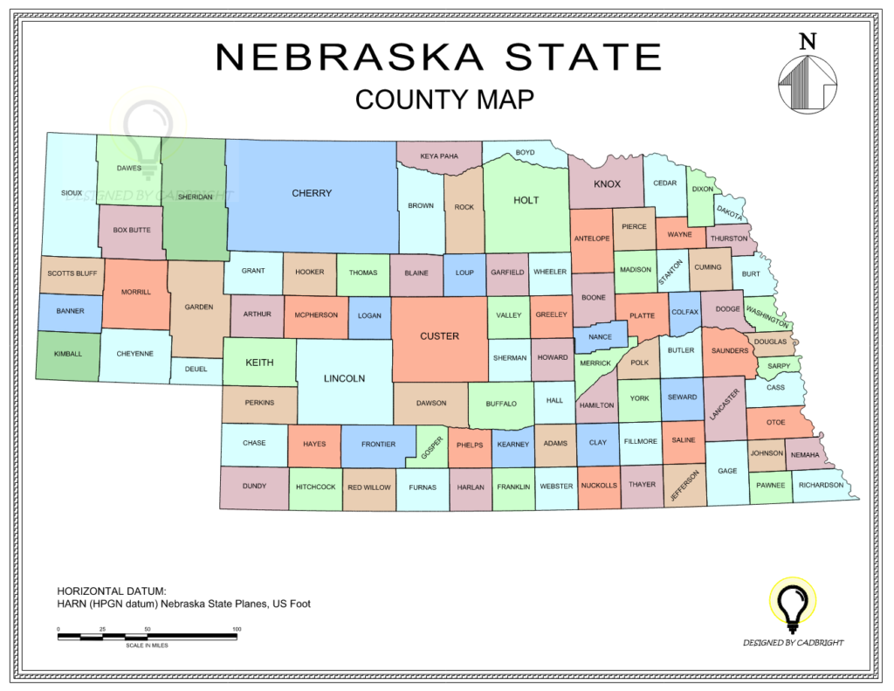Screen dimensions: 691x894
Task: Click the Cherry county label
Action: (x=312, y=193)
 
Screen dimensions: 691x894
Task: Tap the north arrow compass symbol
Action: (x=808, y=84)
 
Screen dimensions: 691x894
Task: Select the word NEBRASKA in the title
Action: (x=349, y=58)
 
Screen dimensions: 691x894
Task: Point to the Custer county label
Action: (x=439, y=335)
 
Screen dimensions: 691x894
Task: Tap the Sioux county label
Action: (x=72, y=193)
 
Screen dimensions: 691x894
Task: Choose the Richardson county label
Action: (x=821, y=485)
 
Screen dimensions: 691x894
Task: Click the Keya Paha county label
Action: (x=439, y=156)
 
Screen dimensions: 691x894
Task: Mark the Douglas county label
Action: (x=770, y=342)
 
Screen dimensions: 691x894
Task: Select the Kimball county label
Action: (x=68, y=354)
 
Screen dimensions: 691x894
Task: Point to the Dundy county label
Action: (x=254, y=486)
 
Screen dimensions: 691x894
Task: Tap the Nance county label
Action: (x=600, y=337)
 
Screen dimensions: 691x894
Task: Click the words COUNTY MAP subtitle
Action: (x=444, y=100)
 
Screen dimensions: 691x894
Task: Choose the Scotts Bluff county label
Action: (x=72, y=273)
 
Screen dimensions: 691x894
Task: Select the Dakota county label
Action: (x=730, y=211)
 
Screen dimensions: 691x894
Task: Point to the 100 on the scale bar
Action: (x=237, y=629)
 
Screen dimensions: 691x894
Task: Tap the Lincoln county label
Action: (x=344, y=378)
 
